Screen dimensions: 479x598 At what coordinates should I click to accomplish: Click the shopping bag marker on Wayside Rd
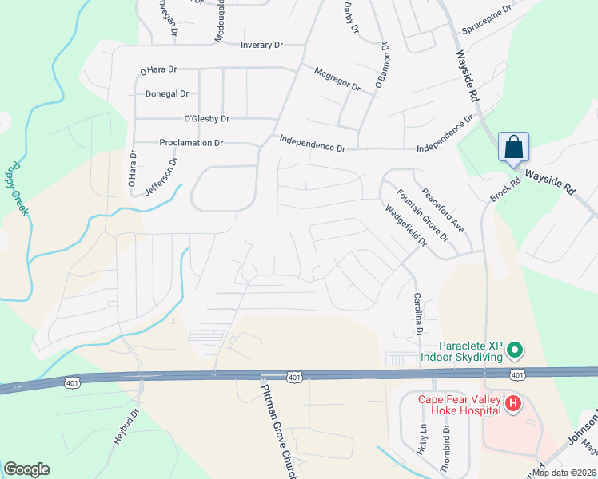[512, 148]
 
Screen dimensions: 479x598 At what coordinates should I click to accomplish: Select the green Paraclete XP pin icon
[516, 350]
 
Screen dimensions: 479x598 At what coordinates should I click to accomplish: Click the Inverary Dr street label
[262, 45]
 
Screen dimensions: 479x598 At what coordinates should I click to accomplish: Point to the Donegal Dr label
[167, 93]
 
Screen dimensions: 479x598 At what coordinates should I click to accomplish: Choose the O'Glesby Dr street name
[206, 119]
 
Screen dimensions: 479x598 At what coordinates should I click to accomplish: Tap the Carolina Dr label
[417, 314]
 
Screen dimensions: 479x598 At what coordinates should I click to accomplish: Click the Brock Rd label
[505, 181]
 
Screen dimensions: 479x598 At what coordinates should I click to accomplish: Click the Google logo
[26, 469]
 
